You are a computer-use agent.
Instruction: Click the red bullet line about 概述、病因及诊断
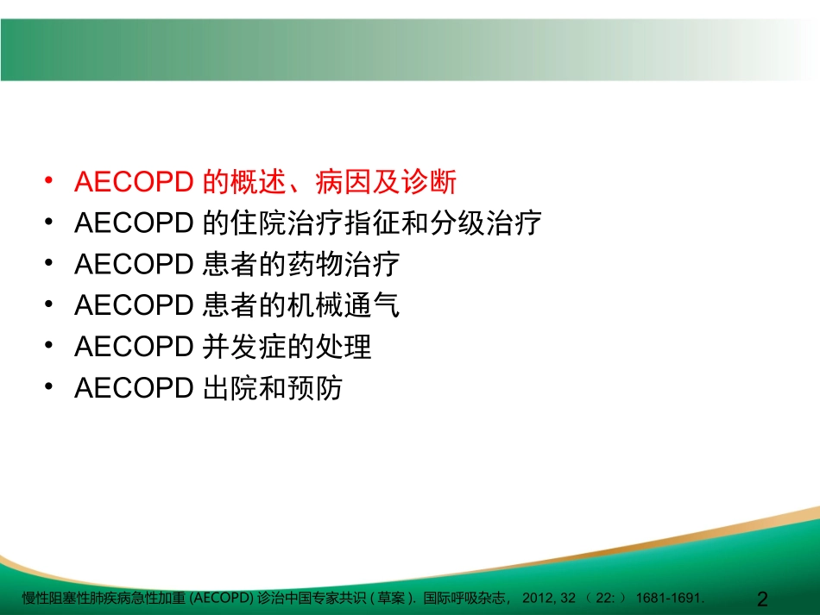(x=265, y=182)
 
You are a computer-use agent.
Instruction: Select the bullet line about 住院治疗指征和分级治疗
(x=308, y=223)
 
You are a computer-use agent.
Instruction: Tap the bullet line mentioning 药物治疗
(x=237, y=265)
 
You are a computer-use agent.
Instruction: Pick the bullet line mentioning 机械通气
(x=237, y=305)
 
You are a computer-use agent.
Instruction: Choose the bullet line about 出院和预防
(x=208, y=388)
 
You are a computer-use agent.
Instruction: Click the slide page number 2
(x=760, y=599)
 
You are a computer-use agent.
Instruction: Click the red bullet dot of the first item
(x=50, y=182)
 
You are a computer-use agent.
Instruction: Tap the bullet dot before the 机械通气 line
(x=50, y=305)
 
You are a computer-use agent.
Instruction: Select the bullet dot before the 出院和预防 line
(x=50, y=388)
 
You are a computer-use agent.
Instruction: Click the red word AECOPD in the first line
(x=133, y=182)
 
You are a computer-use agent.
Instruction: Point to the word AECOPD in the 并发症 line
(x=133, y=347)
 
